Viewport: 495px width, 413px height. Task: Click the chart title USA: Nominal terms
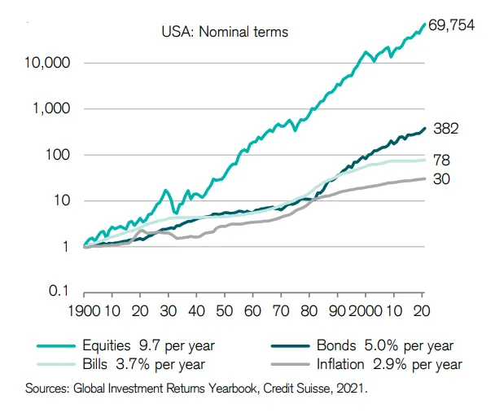point(226,33)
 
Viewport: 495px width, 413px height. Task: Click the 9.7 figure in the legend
point(146,345)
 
